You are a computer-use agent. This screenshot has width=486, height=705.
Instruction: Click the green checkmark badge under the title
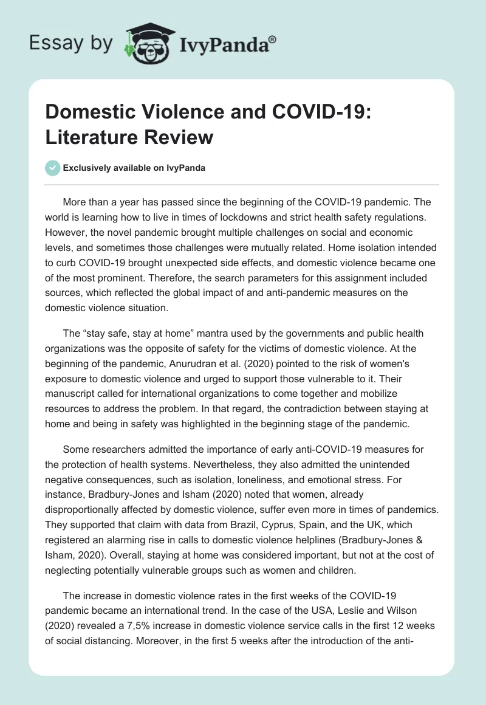click(52, 168)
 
